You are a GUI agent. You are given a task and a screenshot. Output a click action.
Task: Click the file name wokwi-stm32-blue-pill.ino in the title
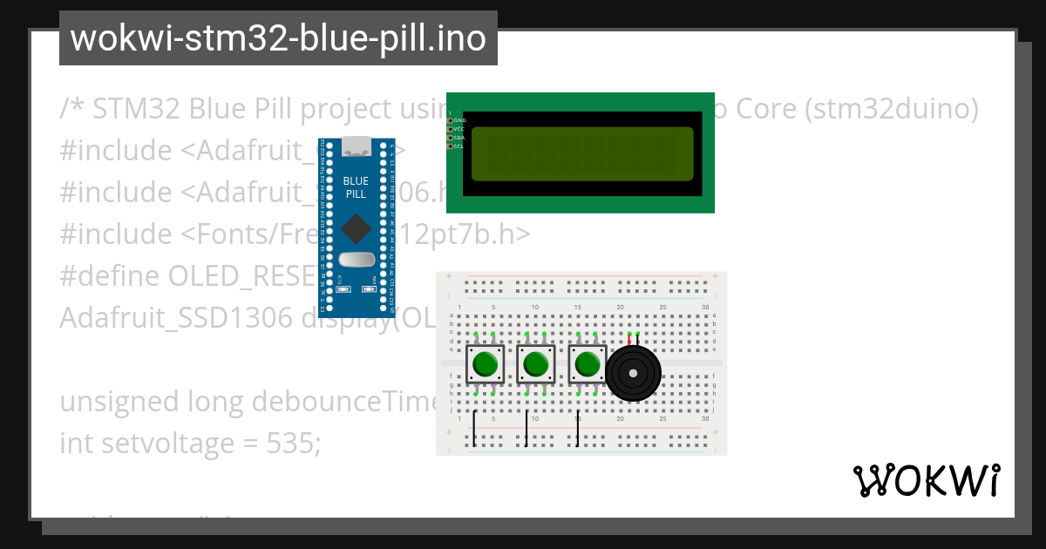278,38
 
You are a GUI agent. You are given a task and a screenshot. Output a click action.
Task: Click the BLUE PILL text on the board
356,187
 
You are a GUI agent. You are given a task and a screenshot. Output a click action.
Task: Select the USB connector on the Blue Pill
356,146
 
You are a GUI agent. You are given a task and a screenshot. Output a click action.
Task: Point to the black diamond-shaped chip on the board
356,228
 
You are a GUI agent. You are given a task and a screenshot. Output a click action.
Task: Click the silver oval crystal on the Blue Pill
356,260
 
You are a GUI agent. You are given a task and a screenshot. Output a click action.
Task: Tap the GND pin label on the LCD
458,120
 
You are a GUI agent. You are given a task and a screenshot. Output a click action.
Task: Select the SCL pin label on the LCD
458,146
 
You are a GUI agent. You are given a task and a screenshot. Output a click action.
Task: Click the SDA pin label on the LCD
458,138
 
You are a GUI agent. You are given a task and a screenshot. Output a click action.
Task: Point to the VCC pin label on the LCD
458,129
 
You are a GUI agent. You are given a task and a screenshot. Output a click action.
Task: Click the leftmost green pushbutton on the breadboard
485,363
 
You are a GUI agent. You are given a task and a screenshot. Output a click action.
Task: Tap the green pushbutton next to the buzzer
588,363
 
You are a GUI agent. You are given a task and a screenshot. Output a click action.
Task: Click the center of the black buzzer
634,374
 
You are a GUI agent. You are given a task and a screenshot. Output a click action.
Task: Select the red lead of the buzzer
629,341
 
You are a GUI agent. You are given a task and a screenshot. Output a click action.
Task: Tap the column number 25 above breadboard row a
662,308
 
